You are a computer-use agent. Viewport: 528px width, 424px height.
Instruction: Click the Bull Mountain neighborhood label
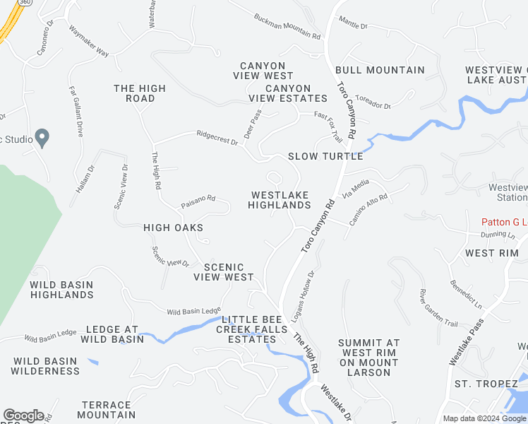pyautogui.click(x=380, y=70)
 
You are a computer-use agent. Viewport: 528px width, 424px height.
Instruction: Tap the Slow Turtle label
pyautogui.click(x=325, y=156)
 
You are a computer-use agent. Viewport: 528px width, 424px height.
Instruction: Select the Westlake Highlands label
pyautogui.click(x=280, y=200)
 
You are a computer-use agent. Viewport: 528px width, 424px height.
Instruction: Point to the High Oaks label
pyautogui.click(x=173, y=228)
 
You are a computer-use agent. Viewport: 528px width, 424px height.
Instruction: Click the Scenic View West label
pyautogui.click(x=224, y=272)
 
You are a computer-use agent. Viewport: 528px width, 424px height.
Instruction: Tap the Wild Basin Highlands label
pyautogui.click(x=61, y=290)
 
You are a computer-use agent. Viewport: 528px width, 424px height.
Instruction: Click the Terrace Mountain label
pyautogui.click(x=107, y=410)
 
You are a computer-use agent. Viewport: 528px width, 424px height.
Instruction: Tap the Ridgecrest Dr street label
pyautogui.click(x=217, y=137)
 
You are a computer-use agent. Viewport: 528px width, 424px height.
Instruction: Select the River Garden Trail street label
pyautogui.click(x=438, y=307)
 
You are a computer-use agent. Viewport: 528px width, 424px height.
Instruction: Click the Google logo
pyautogui.click(x=23, y=416)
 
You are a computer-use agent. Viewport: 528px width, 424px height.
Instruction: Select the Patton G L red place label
pyautogui.click(x=505, y=222)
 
